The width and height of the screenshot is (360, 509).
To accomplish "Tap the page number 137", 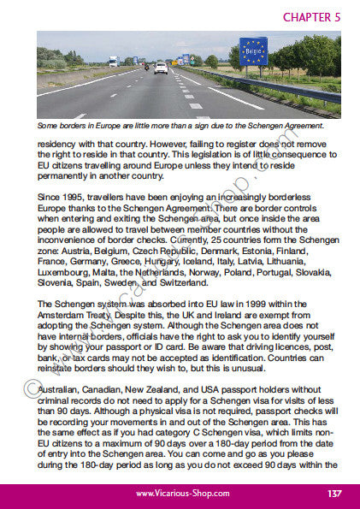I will pos(334,494).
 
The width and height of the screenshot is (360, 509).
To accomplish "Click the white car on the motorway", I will pos(161,68).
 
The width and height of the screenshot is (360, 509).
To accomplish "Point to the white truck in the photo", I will pos(113,62).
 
